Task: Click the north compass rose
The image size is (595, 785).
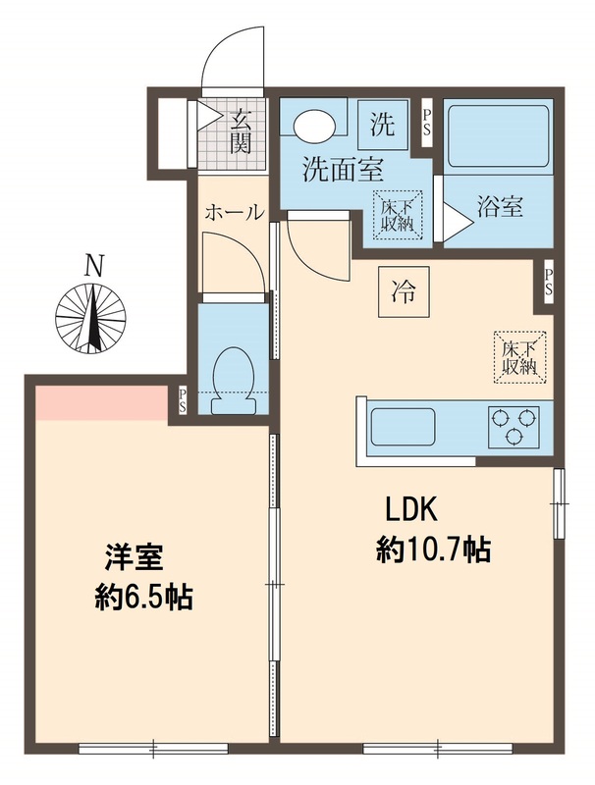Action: pos(92,317)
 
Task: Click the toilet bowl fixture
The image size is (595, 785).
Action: pos(233,371)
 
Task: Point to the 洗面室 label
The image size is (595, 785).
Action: pos(342,170)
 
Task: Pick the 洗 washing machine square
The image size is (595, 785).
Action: pos(383,125)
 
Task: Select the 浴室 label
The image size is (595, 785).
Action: pos(500,208)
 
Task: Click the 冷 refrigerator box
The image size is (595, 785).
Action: pos(403,290)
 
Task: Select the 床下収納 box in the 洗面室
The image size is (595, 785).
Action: pos(397,213)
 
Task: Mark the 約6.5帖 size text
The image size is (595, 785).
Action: pos(142,596)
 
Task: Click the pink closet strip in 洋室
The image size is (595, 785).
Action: pos(99,402)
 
